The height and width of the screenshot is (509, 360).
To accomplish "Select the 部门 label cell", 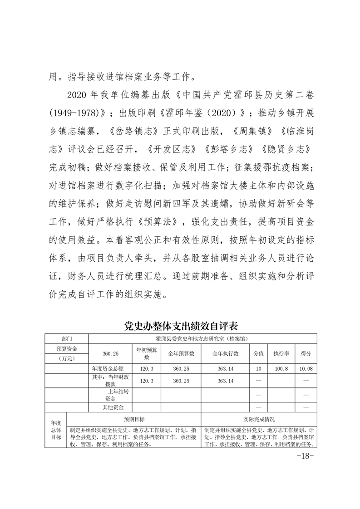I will pyautogui.click(x=67, y=338).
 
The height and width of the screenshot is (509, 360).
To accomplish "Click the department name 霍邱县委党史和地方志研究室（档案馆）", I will pyautogui.click(x=202, y=338).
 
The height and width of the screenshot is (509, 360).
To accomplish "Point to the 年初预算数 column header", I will pyautogui.click(x=147, y=353).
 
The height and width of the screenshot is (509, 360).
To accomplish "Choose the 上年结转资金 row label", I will pyautogui.click(x=112, y=395).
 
